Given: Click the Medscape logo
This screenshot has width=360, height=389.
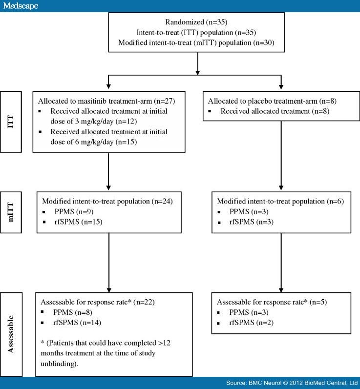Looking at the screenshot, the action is click(21, 6).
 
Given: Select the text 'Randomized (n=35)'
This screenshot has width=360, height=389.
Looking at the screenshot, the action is click(196, 22).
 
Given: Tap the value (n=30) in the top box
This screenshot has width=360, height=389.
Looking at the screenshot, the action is click(264, 42).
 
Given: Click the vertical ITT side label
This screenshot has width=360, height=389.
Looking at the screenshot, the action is click(10, 122).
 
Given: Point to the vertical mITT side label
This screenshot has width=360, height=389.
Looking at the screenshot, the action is click(10, 212).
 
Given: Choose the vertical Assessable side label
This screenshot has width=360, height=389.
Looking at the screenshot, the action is click(10, 334).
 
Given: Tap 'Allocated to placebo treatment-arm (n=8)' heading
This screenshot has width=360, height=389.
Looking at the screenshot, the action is click(272, 101).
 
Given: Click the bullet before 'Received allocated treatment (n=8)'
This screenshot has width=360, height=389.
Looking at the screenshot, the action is click(210, 111).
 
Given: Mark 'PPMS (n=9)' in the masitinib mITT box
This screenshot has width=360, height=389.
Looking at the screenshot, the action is click(74, 212).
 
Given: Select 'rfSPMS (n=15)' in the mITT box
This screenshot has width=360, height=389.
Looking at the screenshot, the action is click(79, 222).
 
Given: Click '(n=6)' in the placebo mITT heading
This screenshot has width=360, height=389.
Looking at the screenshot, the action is click(336, 201).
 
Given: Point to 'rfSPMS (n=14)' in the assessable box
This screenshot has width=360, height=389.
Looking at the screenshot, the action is click(77, 323).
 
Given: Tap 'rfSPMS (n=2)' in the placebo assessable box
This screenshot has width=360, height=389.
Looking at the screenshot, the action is click(251, 323).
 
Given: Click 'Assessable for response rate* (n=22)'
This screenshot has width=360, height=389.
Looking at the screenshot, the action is click(98, 302).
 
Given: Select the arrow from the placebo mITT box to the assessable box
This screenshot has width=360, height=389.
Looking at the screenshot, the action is click(281, 263).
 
